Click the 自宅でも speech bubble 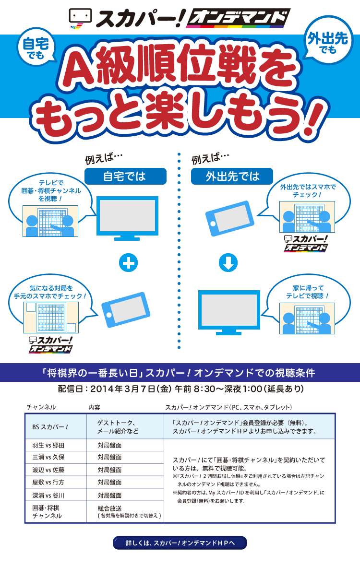(x=36, y=47)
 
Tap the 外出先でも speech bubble (x=328, y=40)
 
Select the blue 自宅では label (x=125, y=176)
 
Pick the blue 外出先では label (x=232, y=176)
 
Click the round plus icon (x=128, y=263)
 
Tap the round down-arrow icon (x=228, y=263)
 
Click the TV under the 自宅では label (x=127, y=218)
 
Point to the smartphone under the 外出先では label (x=230, y=218)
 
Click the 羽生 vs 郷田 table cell (x=56, y=445)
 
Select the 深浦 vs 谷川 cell (x=56, y=495)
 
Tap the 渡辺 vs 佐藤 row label (x=48, y=470)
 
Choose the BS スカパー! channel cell (x=56, y=427)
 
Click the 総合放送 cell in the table (x=125, y=512)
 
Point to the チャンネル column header (x=41, y=407)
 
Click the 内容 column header (x=94, y=407)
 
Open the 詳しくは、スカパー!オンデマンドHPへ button (x=180, y=543)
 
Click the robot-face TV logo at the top (x=80, y=19)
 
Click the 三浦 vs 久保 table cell (x=56, y=457)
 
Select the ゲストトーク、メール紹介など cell (x=125, y=427)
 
